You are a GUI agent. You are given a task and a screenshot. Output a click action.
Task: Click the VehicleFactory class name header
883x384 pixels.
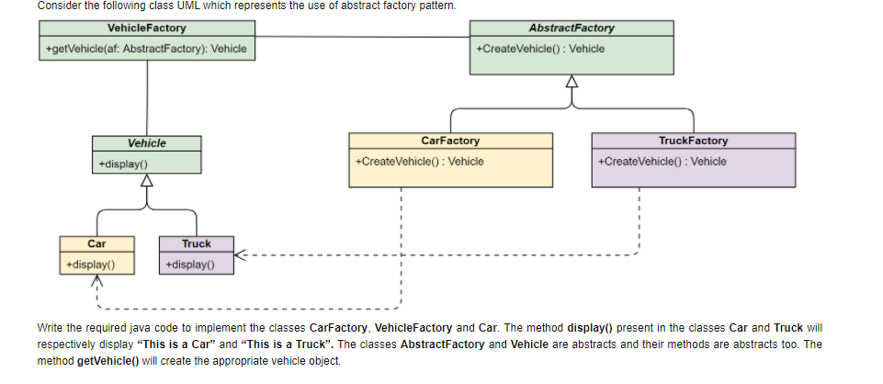(x=146, y=28)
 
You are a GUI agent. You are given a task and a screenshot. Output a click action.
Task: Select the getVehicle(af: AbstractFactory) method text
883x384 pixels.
(x=146, y=49)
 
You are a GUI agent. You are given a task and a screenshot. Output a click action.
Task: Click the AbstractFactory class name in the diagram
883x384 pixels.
(x=572, y=28)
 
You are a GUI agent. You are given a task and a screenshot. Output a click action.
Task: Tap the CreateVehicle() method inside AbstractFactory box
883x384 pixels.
(x=540, y=49)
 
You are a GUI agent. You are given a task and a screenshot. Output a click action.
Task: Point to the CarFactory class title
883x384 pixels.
(x=449, y=141)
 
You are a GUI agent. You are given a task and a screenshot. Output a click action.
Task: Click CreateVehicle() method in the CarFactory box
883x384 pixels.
(x=419, y=162)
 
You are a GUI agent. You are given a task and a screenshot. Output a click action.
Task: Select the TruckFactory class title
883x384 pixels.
(x=693, y=141)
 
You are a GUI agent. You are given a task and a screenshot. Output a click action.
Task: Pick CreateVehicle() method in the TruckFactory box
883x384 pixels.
(x=662, y=162)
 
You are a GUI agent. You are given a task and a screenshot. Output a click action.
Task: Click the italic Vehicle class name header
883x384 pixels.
(x=146, y=143)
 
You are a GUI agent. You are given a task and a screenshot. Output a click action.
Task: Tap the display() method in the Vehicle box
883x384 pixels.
(x=123, y=164)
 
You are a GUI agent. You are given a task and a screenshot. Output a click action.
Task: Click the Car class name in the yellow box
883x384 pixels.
(x=96, y=243)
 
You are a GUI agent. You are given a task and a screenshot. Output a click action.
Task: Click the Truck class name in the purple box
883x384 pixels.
(x=196, y=243)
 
